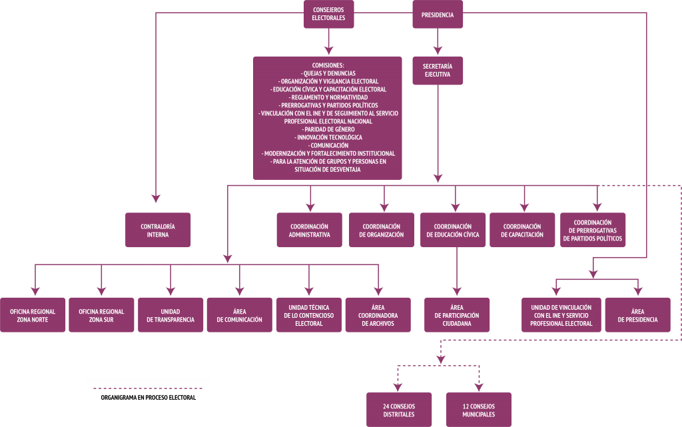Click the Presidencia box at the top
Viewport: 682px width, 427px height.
click(438, 14)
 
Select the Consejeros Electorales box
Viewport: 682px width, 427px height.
click(329, 14)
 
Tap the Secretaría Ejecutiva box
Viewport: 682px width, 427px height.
click(438, 70)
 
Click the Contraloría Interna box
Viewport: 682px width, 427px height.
click(159, 230)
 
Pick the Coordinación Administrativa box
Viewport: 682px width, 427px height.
click(310, 230)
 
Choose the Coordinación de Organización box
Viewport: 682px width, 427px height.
click(382, 230)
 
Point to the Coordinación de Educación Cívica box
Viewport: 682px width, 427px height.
click(453, 230)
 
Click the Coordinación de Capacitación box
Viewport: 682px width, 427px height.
click(523, 230)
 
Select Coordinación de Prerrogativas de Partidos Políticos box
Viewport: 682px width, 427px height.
click(593, 230)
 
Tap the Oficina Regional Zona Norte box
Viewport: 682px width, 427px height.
click(33, 315)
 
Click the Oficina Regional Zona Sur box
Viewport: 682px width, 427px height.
click(101, 315)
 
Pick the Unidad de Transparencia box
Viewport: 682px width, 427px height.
click(170, 315)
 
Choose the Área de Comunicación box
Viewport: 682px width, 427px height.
click(240, 315)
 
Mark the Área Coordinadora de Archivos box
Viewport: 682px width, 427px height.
click(378, 315)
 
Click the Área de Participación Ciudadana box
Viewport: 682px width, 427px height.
click(457, 315)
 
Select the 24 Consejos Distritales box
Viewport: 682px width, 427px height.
click(399, 410)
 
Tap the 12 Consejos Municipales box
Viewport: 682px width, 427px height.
click(478, 410)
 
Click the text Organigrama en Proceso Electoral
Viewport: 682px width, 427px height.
click(148, 398)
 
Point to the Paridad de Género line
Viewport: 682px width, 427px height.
click(327, 129)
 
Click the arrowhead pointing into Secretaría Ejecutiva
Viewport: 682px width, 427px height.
click(438, 50)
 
